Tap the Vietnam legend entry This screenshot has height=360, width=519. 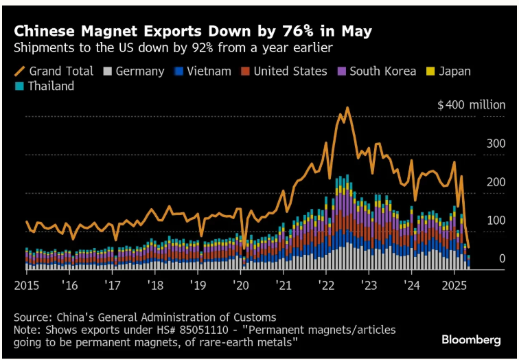click(203, 71)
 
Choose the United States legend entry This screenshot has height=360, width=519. click(285, 71)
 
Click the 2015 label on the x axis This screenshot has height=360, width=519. click(27, 284)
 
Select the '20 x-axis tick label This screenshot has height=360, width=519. click(240, 284)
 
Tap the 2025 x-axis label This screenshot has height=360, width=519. click(454, 284)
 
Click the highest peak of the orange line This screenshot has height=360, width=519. click(348, 108)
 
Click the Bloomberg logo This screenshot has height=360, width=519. click(471, 339)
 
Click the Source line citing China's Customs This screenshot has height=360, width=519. click(145, 317)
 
